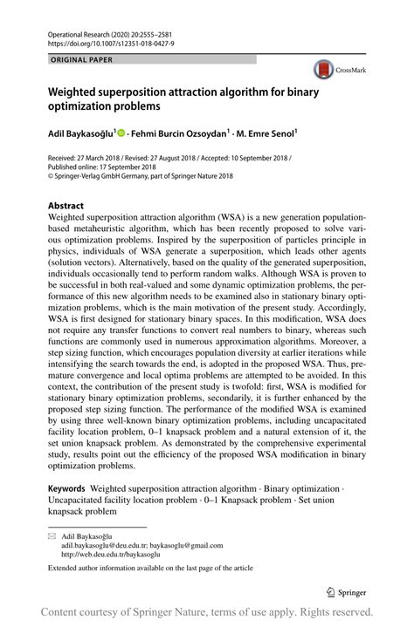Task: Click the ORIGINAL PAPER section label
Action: pyautogui.click(x=70, y=59)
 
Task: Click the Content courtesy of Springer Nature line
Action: pyautogui.click(x=208, y=612)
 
